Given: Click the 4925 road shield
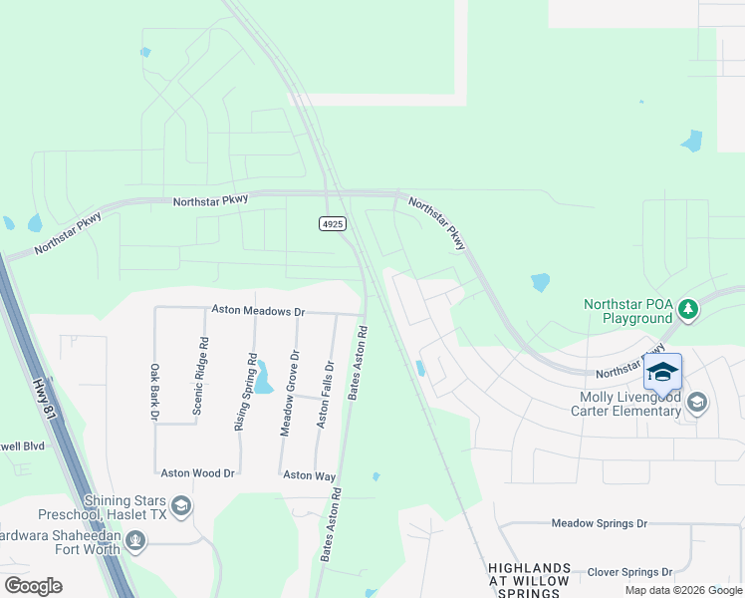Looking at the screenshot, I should (x=333, y=224).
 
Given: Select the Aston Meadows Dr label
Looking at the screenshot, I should (x=258, y=311).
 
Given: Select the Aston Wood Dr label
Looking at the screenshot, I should (x=197, y=473).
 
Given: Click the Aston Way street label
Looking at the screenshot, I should (x=310, y=476).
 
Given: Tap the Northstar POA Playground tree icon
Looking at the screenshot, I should (x=687, y=310).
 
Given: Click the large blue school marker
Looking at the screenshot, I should (x=662, y=372).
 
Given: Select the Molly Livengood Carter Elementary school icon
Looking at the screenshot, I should (x=697, y=403).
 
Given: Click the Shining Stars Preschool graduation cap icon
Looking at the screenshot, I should (x=180, y=507).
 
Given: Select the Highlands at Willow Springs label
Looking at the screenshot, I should (x=529, y=580).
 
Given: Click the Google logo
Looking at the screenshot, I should (x=34, y=585).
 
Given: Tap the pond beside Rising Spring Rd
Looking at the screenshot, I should (x=264, y=378).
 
